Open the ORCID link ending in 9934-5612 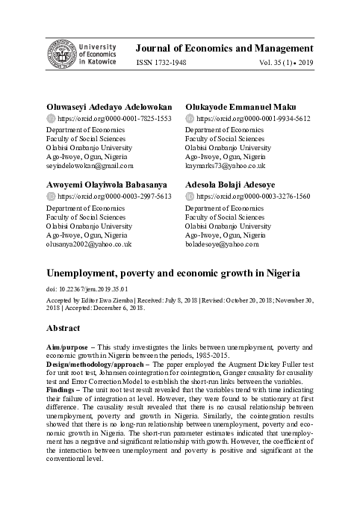pyautogui.click(x=253, y=119)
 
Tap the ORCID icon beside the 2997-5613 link pyautogui.click(x=51, y=196)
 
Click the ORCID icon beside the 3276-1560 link pyautogui.click(x=190, y=196)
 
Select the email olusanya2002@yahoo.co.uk pyautogui.click(x=88, y=244)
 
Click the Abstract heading pyautogui.click(x=63, y=328)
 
